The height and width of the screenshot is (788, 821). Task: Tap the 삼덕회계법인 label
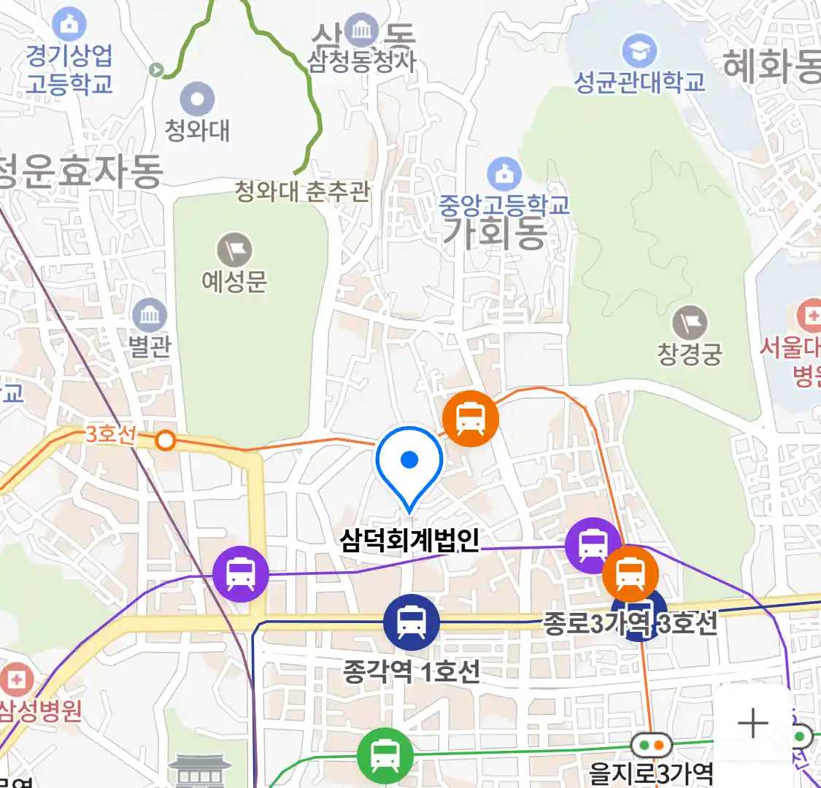[x=409, y=541]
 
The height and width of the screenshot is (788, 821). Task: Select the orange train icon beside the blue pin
[x=471, y=419]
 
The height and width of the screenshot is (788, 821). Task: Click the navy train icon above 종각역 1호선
[x=412, y=622]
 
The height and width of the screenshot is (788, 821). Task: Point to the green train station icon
[x=385, y=754]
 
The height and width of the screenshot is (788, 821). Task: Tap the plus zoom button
[x=753, y=723]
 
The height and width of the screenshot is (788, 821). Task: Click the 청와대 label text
[x=197, y=131]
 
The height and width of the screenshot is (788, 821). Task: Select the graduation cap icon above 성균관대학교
[x=639, y=50]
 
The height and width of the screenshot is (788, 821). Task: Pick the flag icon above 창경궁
[x=689, y=322]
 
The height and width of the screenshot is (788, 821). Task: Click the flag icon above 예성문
[x=234, y=250]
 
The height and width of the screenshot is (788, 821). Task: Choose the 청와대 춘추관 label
[x=302, y=192]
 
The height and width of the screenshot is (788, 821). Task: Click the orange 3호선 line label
[x=110, y=434]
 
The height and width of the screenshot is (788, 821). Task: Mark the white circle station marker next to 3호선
[x=166, y=441]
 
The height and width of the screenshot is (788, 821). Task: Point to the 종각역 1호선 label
[x=412, y=671]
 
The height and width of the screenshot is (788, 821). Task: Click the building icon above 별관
[x=150, y=316]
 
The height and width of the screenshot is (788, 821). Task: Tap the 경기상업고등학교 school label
[x=69, y=69]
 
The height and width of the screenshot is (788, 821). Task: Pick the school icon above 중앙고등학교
[x=504, y=174]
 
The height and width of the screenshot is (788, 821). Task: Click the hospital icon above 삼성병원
[x=16, y=679]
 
